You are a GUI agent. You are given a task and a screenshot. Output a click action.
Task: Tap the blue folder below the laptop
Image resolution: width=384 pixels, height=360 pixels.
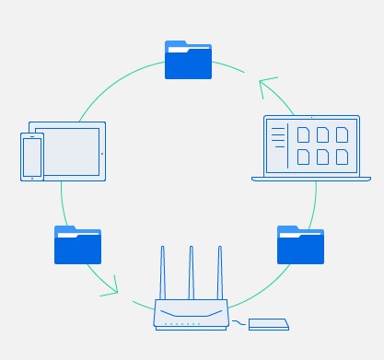click(300, 245)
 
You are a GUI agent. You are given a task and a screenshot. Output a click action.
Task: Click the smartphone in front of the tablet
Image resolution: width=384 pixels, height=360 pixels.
click(32, 157)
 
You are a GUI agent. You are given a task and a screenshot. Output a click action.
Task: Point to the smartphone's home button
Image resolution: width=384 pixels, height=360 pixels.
click(32, 176)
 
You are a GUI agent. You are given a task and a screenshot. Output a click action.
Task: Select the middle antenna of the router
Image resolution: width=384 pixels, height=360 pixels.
click(192, 271)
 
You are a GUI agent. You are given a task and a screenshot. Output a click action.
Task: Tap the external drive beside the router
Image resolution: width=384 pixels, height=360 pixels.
click(268, 324)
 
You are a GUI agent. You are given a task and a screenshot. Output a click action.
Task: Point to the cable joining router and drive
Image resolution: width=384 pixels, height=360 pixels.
click(239, 322)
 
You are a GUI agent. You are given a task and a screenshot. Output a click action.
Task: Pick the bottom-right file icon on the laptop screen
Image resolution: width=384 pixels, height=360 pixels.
click(342, 157)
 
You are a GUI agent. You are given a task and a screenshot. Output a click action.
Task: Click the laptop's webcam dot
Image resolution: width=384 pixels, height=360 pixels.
click(310, 119)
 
